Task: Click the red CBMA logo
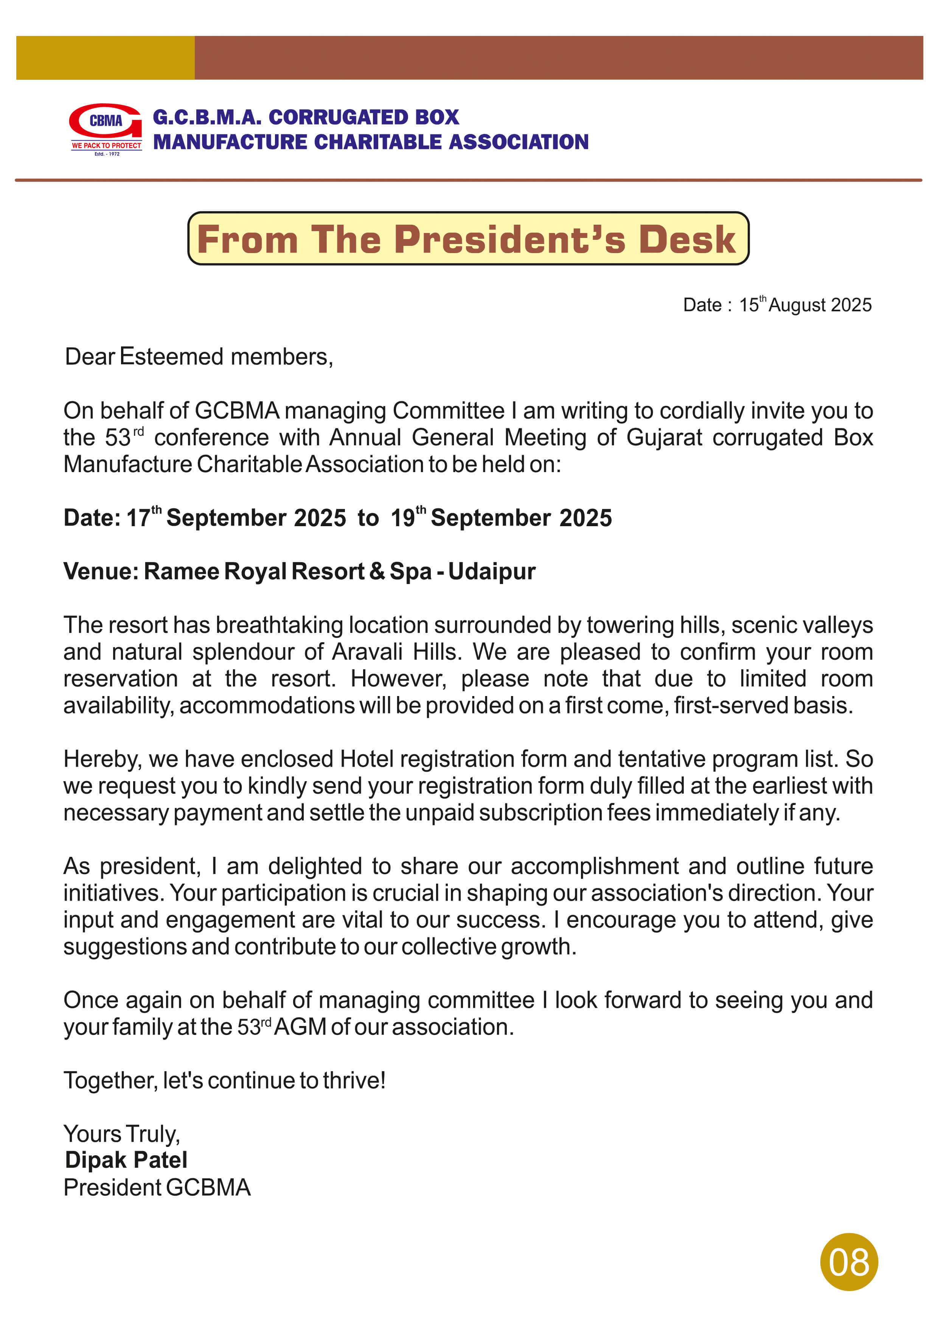coord(105,128)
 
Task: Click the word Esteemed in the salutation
coord(171,357)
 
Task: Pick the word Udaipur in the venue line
coord(492,571)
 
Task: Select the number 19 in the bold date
coord(403,518)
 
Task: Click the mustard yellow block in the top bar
coord(105,58)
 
